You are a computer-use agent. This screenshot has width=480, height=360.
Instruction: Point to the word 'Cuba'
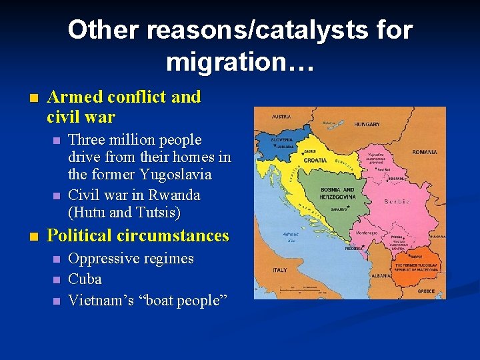tap(85, 279)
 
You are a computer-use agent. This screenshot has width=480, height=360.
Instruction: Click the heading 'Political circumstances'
tap(138, 235)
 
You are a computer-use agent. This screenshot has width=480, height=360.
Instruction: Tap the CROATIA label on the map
tap(315, 161)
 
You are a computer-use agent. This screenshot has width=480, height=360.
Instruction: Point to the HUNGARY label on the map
tap(367, 124)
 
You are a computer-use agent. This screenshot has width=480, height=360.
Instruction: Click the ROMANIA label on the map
tap(425, 152)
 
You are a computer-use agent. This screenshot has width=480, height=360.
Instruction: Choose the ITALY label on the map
tap(279, 270)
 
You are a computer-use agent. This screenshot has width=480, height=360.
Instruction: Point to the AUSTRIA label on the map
tap(281, 117)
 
